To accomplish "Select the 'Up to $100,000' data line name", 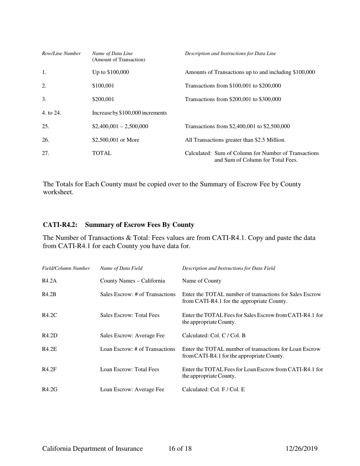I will (110, 72).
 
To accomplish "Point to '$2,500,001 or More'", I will (115, 140).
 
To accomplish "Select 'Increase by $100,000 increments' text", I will (130, 113).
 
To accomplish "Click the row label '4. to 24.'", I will (52, 113).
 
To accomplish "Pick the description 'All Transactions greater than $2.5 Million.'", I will (235, 140).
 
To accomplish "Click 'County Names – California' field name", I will (132, 281).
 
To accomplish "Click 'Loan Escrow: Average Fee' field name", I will (132, 388).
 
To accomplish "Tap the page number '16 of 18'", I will (180, 449).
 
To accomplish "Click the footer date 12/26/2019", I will (301, 449).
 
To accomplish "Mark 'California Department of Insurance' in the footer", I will (92, 449).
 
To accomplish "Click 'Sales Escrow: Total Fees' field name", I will (130, 315).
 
